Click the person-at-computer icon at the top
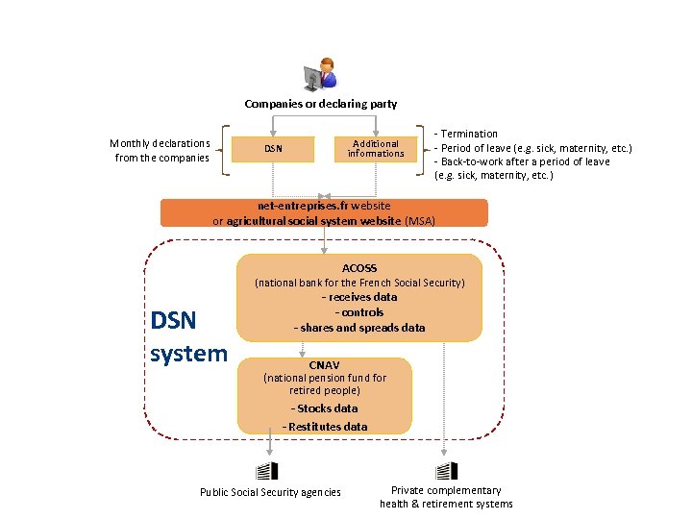[x=321, y=73]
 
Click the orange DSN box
[x=273, y=149]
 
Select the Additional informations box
[x=376, y=149]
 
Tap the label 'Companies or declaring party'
[x=320, y=104]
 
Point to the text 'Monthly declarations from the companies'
[x=161, y=150]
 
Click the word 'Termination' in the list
[x=469, y=134]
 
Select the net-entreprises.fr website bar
[x=324, y=212]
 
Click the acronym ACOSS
[x=359, y=268]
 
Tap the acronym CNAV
[x=324, y=365]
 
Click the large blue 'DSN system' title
[x=188, y=336]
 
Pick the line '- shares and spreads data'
[x=359, y=328]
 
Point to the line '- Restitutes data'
[x=325, y=427]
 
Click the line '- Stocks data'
[x=325, y=408]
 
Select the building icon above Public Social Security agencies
[x=266, y=471]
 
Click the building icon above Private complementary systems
[x=446, y=471]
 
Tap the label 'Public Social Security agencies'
[x=270, y=492]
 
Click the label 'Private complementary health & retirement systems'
[x=446, y=497]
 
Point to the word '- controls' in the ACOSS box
[x=359, y=312]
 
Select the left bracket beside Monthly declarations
[x=225, y=150]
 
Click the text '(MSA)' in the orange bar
[x=420, y=221]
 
